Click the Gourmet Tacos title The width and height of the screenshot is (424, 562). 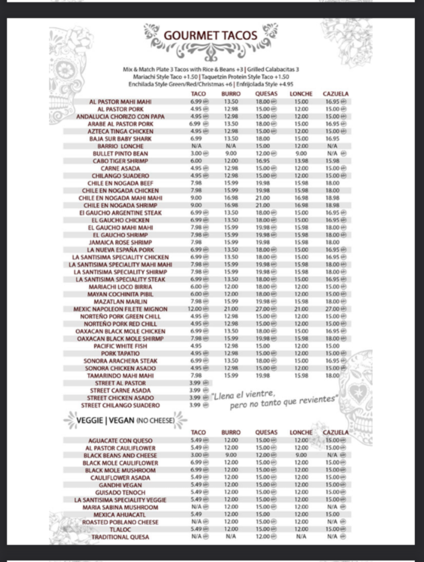[x=210, y=35]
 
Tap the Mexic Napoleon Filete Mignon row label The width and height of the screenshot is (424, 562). [x=120, y=309]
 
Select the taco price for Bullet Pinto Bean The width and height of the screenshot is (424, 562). [x=196, y=154]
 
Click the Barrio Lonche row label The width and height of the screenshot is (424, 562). [x=120, y=146]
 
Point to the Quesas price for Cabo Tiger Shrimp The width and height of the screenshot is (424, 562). [x=263, y=161]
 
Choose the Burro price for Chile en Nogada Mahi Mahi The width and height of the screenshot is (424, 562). [x=231, y=198]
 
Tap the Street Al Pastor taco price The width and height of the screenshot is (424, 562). [x=195, y=383]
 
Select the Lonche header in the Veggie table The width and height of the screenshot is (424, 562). [x=301, y=432]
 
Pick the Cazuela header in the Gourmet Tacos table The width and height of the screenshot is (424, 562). [x=336, y=94]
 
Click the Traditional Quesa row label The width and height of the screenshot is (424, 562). [x=120, y=537]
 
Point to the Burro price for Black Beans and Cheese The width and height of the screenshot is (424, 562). [x=231, y=455]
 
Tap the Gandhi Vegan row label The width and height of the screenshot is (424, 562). [x=120, y=485]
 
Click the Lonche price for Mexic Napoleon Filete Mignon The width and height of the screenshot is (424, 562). [x=301, y=309]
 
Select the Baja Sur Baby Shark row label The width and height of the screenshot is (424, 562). [x=120, y=139]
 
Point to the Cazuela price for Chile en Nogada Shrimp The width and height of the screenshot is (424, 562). [x=333, y=205]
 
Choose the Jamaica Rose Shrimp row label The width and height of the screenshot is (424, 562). [x=120, y=243]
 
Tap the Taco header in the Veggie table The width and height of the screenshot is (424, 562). [x=198, y=432]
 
